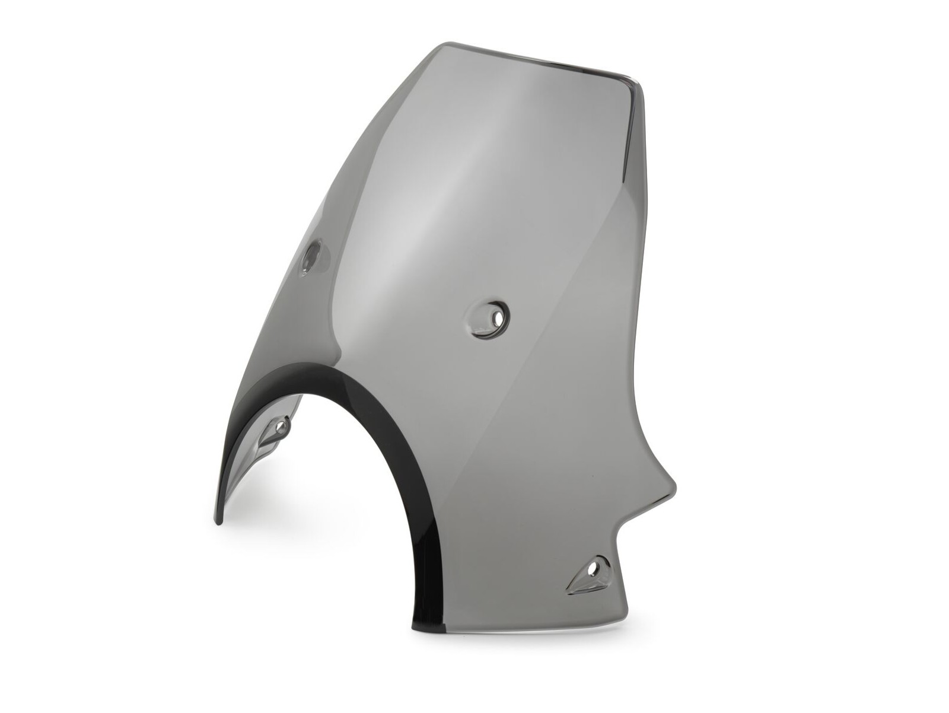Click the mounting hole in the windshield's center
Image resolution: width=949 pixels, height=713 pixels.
coord(496,319)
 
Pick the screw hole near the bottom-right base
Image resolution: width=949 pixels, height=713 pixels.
coord(594,569)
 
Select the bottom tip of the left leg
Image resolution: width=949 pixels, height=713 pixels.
coord(218,522)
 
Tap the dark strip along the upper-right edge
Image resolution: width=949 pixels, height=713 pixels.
coord(632,136)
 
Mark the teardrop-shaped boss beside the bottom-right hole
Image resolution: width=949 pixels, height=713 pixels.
coord(581,573)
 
